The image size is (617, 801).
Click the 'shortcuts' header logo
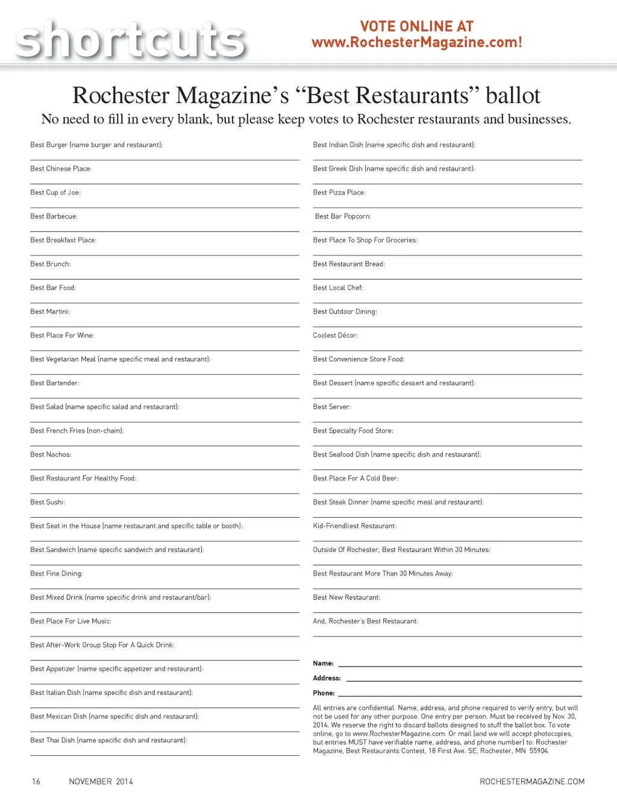click(130, 40)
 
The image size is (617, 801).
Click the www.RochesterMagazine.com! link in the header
click(416, 43)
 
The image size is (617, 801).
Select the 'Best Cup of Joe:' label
click(55, 193)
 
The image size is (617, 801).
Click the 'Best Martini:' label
click(50, 312)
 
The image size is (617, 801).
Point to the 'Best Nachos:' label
click(51, 454)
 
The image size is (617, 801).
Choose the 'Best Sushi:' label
click(48, 502)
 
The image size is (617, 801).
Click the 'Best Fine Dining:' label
click(57, 574)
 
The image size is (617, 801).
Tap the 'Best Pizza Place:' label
click(339, 193)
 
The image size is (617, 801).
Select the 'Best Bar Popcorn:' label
click(343, 216)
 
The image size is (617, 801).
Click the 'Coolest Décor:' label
click(336, 336)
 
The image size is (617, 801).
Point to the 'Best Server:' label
click(332, 407)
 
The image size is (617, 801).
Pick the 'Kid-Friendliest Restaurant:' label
click(355, 526)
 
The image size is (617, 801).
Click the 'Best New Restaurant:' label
click(347, 597)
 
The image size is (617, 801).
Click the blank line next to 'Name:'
click(460, 665)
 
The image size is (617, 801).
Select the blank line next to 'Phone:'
click(460, 695)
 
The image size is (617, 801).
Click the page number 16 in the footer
click(36, 782)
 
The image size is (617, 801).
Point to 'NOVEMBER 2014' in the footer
click(101, 782)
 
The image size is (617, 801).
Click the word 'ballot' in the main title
click(513, 95)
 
